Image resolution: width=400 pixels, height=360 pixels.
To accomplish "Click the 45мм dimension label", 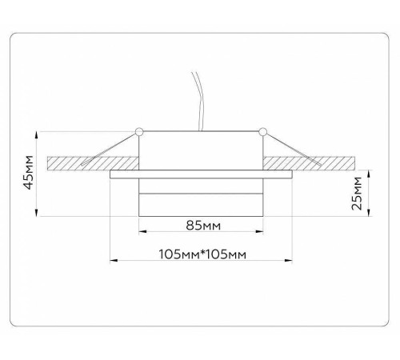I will (29, 171).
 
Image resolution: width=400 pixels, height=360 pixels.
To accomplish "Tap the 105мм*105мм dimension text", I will (202, 255).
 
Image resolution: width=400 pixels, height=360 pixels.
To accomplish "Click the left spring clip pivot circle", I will (139, 130).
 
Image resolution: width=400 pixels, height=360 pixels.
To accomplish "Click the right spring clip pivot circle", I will (262, 130).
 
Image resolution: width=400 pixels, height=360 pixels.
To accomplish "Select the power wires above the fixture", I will (197, 100).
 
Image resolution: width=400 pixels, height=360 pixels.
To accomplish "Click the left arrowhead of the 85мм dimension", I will (143, 232).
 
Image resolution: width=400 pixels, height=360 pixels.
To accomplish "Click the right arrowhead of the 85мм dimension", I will (260, 232).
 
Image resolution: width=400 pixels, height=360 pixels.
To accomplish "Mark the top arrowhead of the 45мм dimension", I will (38, 134).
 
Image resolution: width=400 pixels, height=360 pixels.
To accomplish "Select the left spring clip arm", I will (112, 146).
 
